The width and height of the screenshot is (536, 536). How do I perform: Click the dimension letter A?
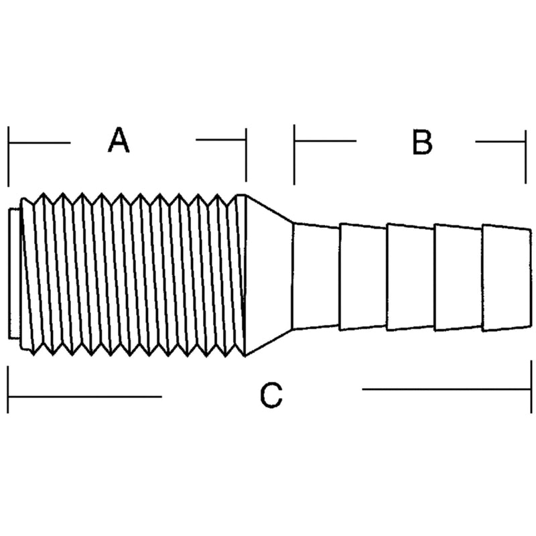point(119,140)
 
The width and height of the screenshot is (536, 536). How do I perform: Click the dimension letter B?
point(422,142)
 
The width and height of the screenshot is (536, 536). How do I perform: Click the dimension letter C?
point(271,395)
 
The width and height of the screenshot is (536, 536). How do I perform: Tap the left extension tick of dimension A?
point(9,156)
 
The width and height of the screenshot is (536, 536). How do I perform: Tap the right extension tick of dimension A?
point(246,155)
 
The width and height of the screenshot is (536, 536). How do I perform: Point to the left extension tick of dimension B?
point(294,155)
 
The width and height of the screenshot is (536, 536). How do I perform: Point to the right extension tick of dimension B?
point(525,157)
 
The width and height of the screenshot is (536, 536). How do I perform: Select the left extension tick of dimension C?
point(8,389)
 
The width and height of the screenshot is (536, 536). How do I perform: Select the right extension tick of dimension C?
point(531,387)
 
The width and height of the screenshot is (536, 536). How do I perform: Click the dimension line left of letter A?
point(40,143)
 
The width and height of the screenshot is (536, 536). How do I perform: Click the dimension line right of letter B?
point(500,141)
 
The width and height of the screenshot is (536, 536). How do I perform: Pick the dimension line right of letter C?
point(446,389)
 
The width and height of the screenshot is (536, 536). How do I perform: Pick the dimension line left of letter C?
point(85,397)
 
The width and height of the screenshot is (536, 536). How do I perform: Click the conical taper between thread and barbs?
point(269,275)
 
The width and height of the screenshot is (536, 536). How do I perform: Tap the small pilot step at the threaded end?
point(14,273)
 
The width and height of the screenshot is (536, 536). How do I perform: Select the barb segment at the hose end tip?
point(507,278)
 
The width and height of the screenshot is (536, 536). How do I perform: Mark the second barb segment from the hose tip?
point(458,277)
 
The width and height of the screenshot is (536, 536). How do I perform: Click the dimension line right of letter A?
point(221,139)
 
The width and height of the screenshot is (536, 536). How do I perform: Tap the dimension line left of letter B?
point(326,141)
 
